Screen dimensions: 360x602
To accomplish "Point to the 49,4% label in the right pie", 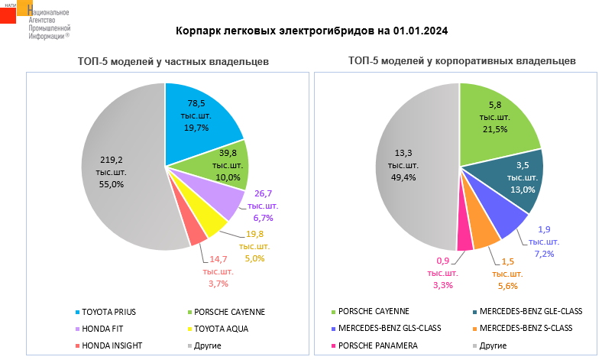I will click(x=404, y=177).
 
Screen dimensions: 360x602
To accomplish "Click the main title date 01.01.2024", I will click(x=420, y=31).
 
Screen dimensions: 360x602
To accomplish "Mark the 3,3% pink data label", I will click(x=442, y=285).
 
